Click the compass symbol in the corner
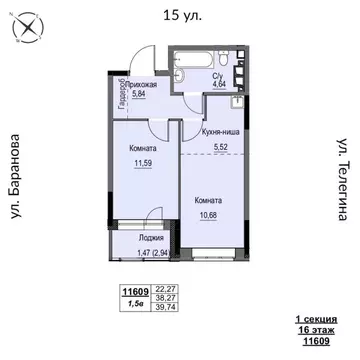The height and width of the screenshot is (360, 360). [21, 29]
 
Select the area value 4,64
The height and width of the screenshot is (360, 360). [218, 85]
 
